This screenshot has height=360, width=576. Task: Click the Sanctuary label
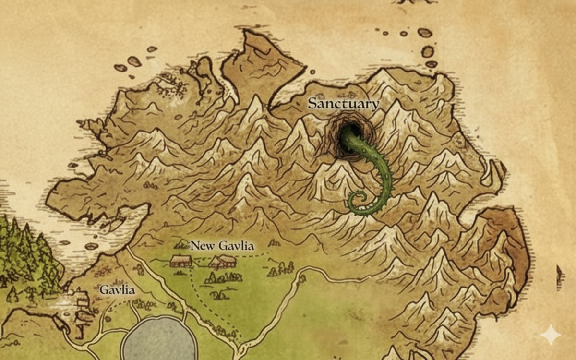click(x=343, y=103)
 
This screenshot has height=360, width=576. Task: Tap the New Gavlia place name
click(x=222, y=246)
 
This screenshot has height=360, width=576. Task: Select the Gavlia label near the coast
click(x=117, y=290)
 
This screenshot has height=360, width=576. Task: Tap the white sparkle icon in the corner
click(x=550, y=335)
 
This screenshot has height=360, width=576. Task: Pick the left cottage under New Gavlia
click(x=181, y=261)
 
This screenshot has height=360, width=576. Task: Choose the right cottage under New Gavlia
click(x=223, y=262)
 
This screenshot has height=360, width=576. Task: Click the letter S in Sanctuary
click(x=312, y=103)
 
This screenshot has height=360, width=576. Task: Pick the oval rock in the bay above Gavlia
click(x=92, y=246)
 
